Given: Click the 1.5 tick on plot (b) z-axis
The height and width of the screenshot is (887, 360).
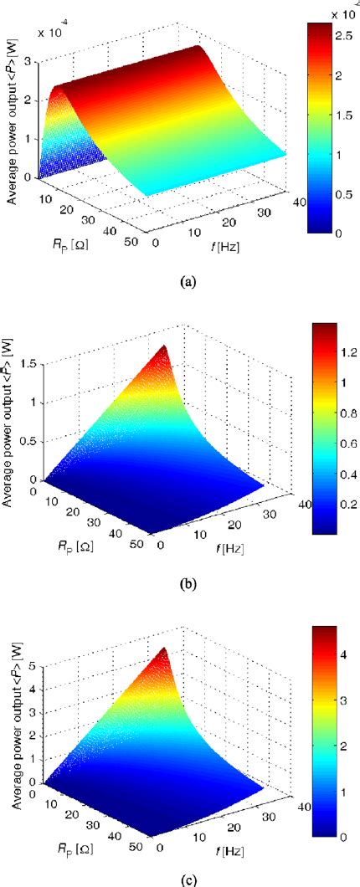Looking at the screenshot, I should coord(32,364).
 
